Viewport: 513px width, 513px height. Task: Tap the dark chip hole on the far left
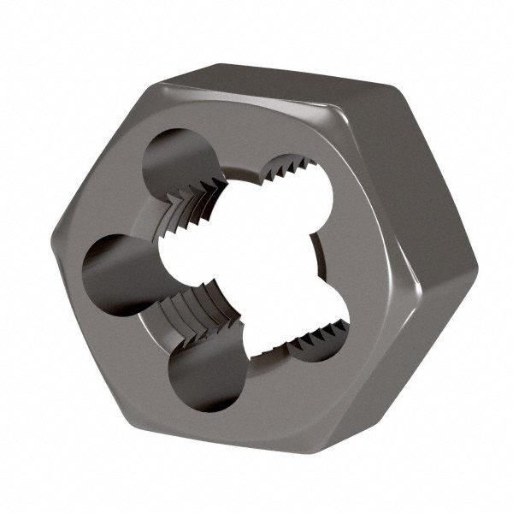115,273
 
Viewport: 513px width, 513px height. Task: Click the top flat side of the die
282,77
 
